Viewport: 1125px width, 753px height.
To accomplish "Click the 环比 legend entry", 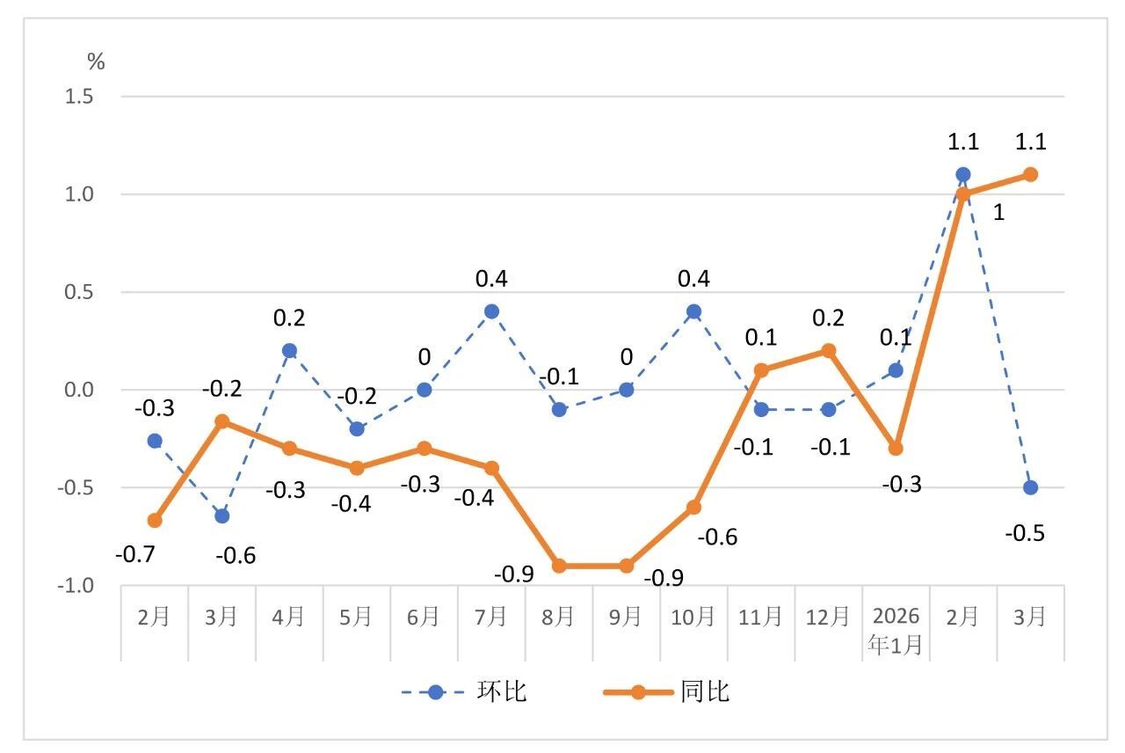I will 466,692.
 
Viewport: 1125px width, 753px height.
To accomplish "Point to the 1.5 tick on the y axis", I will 79,96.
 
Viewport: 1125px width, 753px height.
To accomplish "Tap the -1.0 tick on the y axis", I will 76,586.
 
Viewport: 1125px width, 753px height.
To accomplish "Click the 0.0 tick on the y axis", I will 79,390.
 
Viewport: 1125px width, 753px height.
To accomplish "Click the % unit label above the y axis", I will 96,62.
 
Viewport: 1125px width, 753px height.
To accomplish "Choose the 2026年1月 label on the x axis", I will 896,630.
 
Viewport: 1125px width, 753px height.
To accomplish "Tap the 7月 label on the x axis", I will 491,617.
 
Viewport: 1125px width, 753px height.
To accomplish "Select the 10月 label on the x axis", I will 693,617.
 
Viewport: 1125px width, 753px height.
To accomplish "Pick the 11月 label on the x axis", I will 761,617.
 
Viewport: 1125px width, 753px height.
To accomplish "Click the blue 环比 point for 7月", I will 491,311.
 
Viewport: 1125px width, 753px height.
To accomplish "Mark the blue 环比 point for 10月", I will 693,311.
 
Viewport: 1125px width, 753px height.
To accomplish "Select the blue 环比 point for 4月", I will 289,350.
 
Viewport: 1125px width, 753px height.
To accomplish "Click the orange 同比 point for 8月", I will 559,566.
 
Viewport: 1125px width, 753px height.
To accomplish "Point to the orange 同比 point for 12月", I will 828,350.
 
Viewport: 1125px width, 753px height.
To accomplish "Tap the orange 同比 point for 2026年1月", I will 896,449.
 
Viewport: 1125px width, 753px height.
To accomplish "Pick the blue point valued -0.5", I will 1030,487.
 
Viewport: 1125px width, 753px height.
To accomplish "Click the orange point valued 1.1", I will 1030,174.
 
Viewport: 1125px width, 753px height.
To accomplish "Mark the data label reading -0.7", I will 134,556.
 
